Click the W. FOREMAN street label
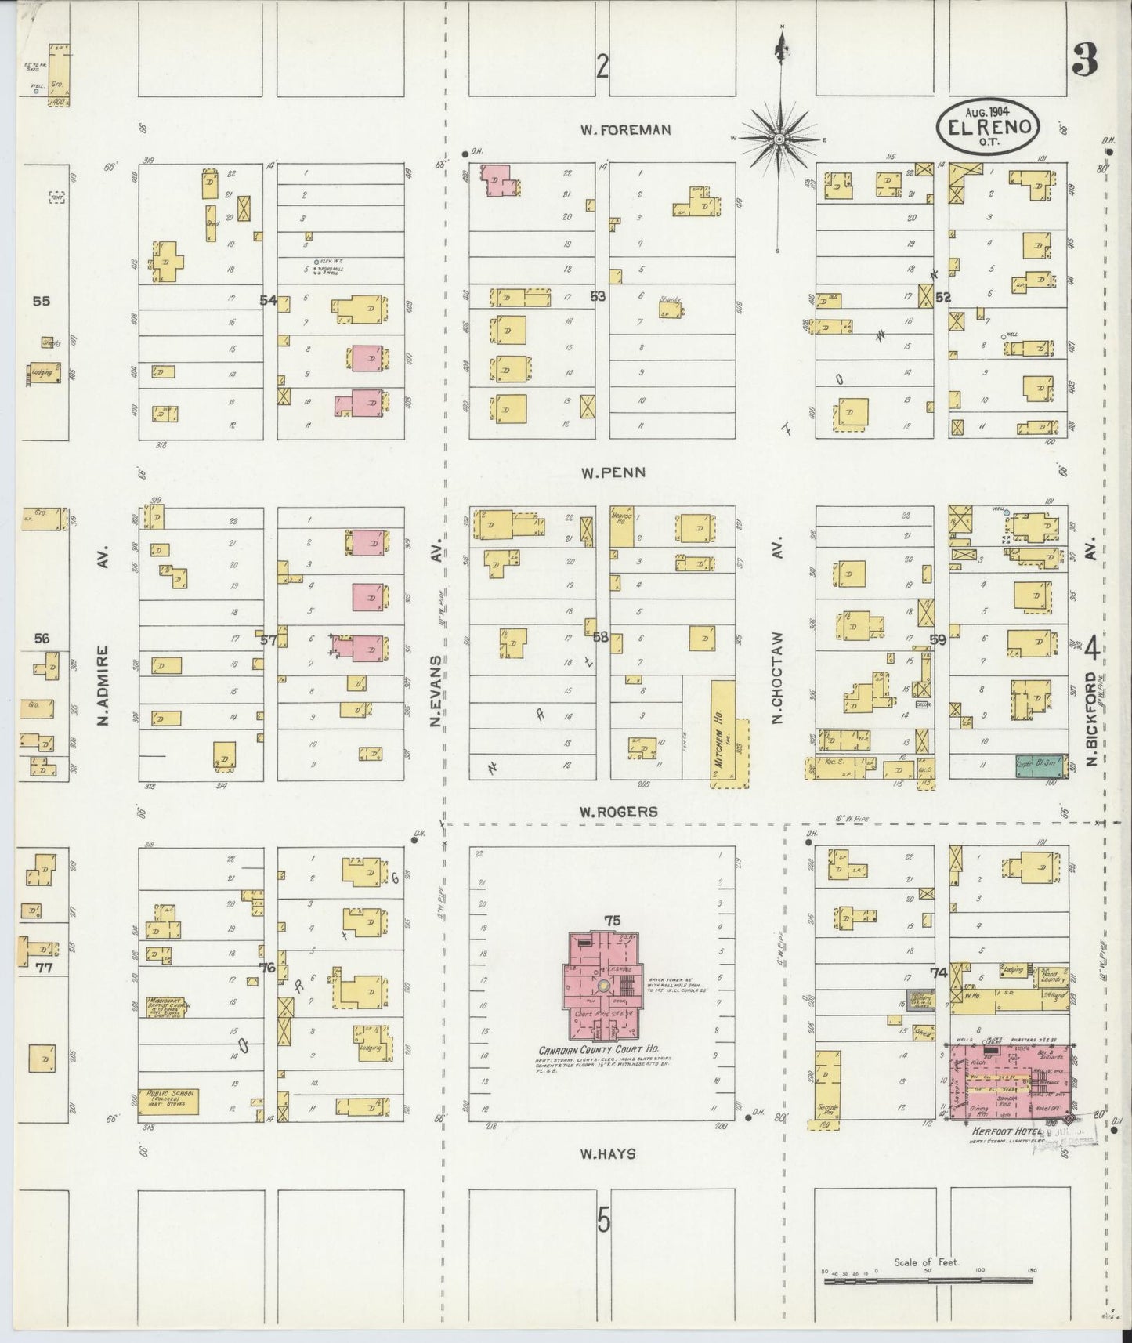point(625,130)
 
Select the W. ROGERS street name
point(618,813)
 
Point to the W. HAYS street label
point(608,1153)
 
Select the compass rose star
point(779,139)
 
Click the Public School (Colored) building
point(168,1101)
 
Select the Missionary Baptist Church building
point(168,1006)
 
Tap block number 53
point(599,296)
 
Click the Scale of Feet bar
point(928,1282)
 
